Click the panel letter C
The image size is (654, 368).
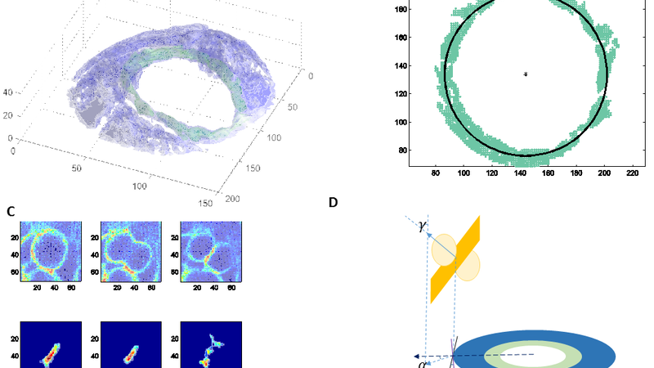[11, 211]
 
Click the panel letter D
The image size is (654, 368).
[333, 203]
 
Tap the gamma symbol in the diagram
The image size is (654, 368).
[422, 226]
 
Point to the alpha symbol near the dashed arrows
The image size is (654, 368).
[421, 364]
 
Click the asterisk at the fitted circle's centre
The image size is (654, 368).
[526, 74]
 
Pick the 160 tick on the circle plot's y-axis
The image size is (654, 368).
[401, 38]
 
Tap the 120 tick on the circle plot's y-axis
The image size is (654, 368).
[401, 94]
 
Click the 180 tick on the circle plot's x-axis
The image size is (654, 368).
[576, 174]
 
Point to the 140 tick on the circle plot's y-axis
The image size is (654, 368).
[401, 66]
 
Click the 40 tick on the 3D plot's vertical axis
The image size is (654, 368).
[7, 92]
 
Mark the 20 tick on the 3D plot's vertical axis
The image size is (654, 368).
[7, 116]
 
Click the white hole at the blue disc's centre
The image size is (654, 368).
[531, 353]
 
